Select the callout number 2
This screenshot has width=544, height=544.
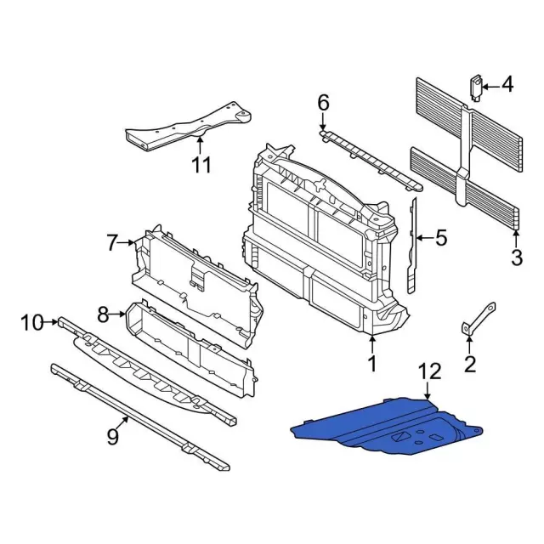470,366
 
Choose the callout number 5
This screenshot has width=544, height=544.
440,239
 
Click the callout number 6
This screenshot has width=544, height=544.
323,103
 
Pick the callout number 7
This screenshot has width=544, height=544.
113,244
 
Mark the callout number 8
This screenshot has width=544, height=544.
103,315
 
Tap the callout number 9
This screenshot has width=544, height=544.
111,438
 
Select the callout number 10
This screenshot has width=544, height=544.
31,322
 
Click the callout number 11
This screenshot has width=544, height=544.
200,164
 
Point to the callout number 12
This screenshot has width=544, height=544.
430,371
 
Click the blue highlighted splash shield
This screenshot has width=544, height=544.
382,425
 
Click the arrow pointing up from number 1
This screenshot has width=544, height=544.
371,345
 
